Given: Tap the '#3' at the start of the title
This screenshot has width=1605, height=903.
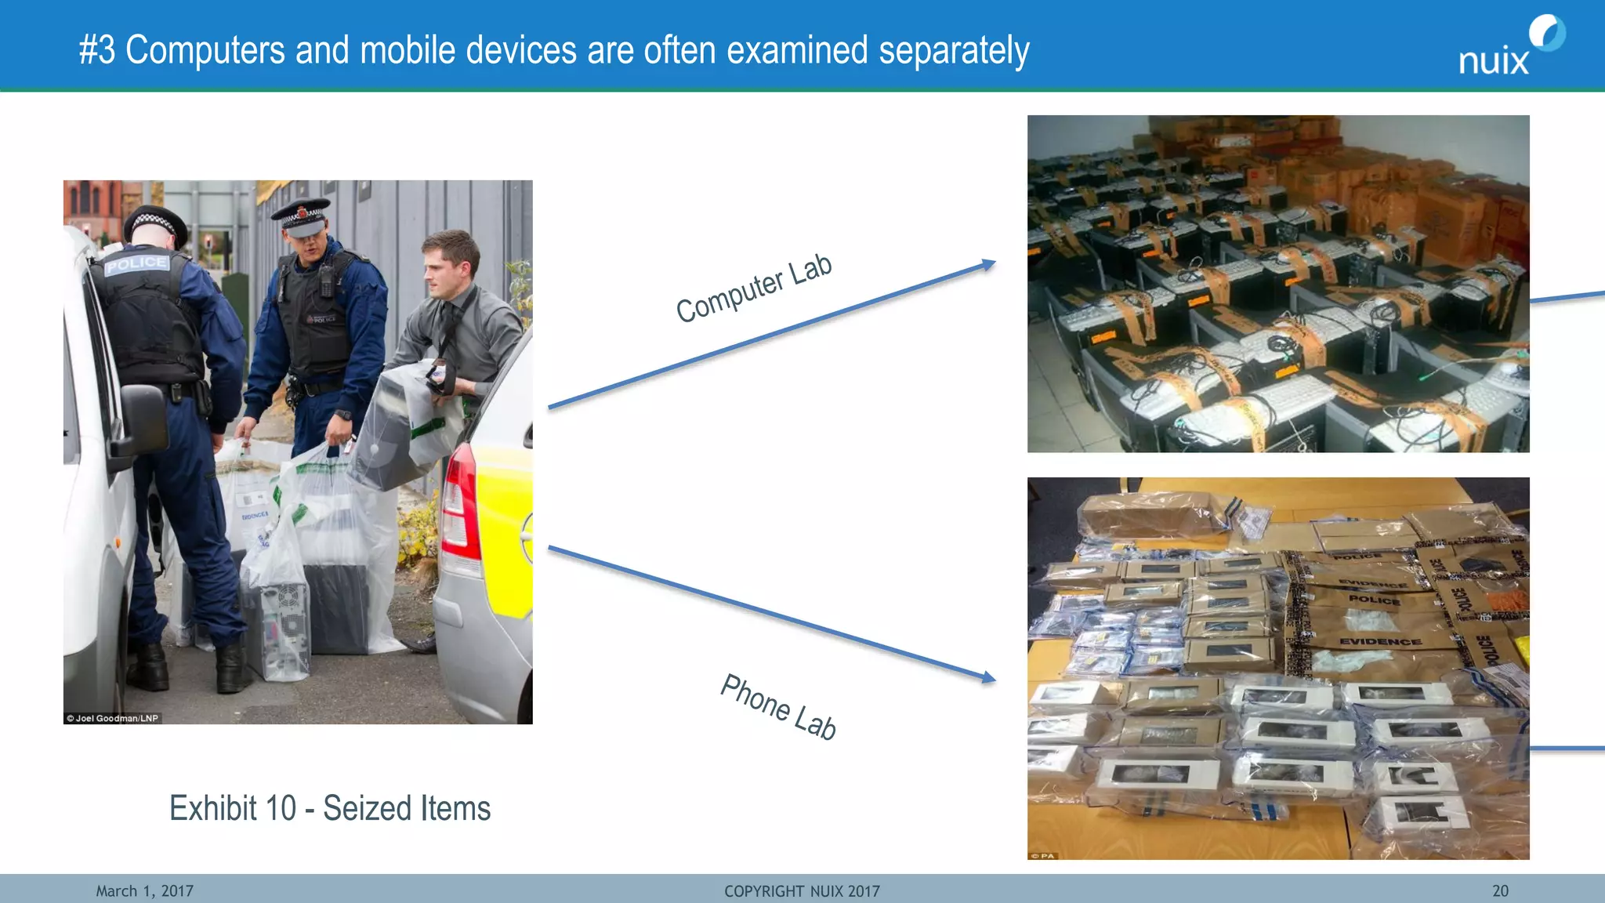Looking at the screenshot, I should [97, 50].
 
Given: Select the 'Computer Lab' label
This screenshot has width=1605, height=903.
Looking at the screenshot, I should [754, 288].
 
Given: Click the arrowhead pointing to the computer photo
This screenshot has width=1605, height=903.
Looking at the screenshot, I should [988, 265].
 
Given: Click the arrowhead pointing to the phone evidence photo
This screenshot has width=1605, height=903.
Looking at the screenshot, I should [988, 676].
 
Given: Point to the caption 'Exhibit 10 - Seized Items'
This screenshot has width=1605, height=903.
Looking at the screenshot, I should [330, 808].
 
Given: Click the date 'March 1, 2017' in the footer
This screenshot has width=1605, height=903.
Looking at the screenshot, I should [144, 891].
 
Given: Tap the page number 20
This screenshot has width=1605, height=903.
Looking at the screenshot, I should [1500, 891].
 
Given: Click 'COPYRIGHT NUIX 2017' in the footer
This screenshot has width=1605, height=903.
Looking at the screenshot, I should [802, 891].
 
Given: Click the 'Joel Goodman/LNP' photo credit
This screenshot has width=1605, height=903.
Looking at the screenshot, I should [113, 718].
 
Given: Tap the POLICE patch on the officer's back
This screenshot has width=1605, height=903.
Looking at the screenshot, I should [137, 263].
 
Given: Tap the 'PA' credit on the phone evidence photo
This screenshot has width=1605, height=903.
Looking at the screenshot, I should [1044, 855].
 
